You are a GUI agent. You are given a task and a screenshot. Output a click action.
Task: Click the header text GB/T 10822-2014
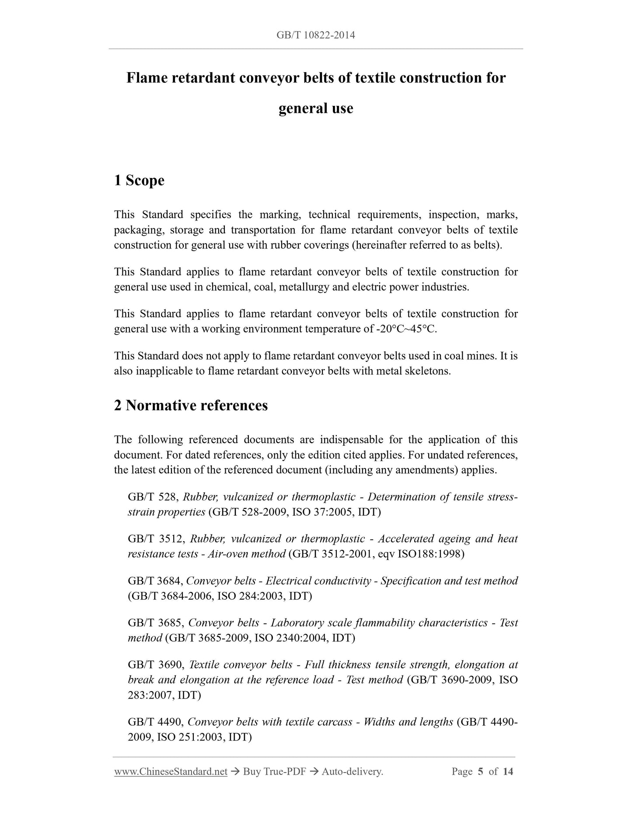coord(316,35)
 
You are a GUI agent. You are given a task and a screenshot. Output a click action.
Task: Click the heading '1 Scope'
coord(139,180)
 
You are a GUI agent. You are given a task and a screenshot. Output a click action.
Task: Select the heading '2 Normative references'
coord(191,406)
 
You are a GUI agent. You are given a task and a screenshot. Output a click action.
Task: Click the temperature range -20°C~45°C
coord(406,329)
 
